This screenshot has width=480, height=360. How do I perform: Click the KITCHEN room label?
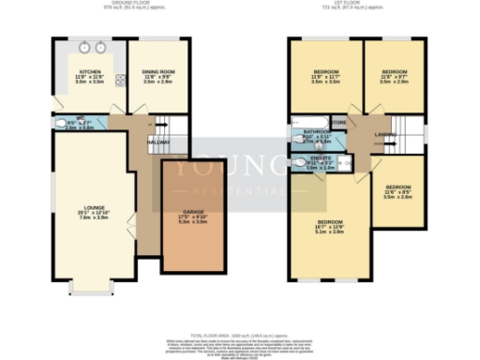pos(90,70)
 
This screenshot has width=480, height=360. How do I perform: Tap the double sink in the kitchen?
pos(90,47)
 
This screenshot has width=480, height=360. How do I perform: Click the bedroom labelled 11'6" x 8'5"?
pos(398,190)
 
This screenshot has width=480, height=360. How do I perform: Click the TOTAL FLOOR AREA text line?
pos(240,335)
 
